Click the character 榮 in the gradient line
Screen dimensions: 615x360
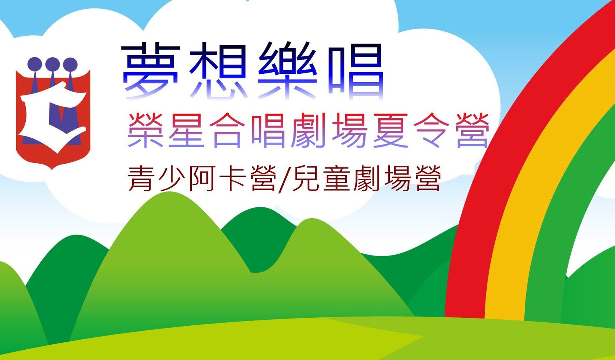point(145,130)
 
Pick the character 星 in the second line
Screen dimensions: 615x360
point(186,130)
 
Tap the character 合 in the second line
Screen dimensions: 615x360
point(227,130)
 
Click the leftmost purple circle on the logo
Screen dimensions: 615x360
point(35,64)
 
